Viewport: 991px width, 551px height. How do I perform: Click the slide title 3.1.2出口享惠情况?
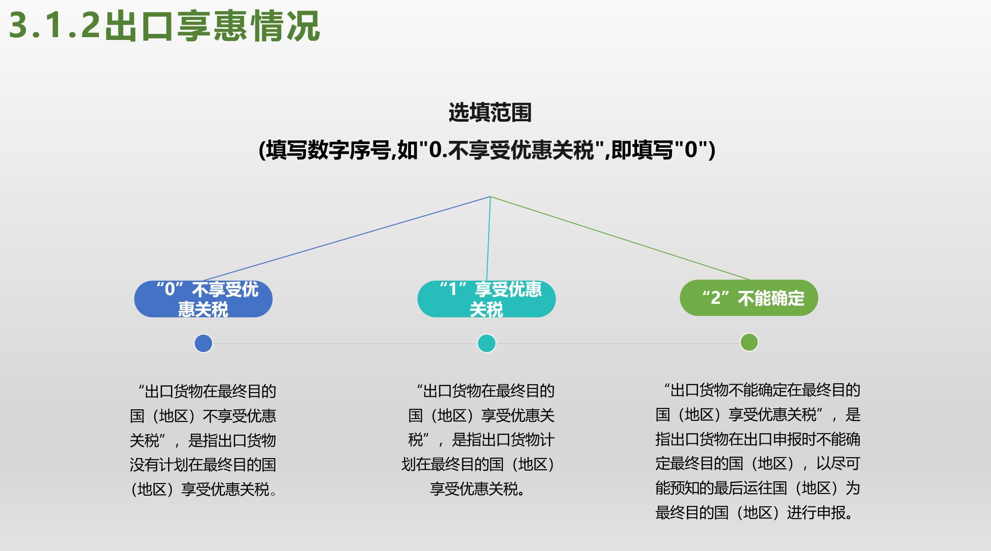[x=164, y=25]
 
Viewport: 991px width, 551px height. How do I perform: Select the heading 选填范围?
[x=490, y=113]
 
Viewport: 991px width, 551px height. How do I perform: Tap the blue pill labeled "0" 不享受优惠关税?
[x=203, y=299]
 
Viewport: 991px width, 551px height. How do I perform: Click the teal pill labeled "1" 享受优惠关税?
[x=486, y=299]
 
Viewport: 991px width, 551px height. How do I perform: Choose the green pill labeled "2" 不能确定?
[x=749, y=298]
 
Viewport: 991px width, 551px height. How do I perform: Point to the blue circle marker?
[x=203, y=343]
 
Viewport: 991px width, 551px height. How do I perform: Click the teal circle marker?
[x=486, y=343]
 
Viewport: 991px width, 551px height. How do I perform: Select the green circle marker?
[x=749, y=342]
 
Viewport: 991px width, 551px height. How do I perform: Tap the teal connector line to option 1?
[x=488, y=239]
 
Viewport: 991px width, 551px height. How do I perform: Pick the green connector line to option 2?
[x=620, y=238]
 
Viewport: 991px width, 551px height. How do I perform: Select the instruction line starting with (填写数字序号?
[x=487, y=150]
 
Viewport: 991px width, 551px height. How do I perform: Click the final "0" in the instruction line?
[x=691, y=150]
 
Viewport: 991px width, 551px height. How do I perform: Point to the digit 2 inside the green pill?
[x=716, y=298]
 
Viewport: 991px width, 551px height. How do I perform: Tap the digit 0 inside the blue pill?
[x=170, y=289]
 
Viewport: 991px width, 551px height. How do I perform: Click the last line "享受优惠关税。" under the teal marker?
[x=477, y=489]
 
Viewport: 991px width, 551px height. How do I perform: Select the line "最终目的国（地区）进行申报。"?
[x=755, y=512]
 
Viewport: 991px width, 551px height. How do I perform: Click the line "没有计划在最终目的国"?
[x=203, y=465]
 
